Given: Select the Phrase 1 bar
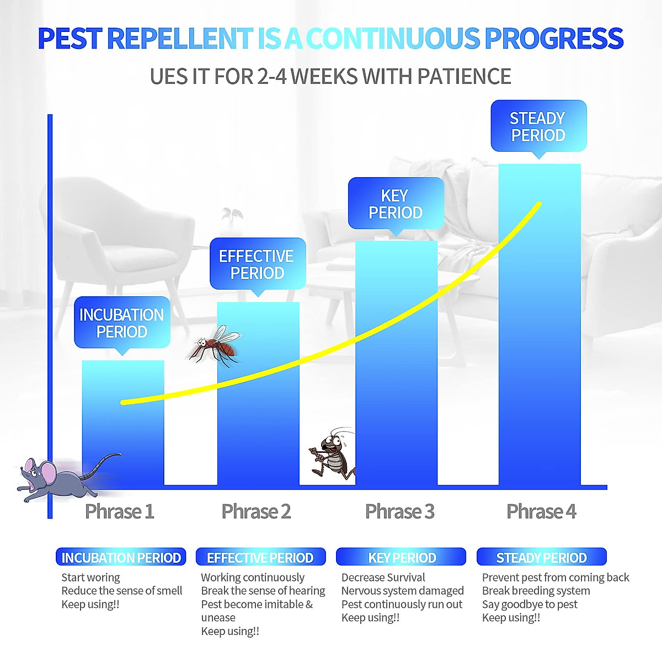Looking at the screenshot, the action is tap(123, 423).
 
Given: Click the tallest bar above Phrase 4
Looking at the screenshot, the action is tap(540, 324).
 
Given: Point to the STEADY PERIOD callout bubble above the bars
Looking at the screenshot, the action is tap(538, 126).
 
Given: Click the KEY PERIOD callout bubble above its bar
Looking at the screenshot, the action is tap(396, 204).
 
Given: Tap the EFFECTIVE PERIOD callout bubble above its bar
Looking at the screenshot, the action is tap(258, 264).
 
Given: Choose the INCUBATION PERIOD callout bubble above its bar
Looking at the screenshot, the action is tap(122, 323).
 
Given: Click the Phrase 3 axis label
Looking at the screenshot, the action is tap(399, 511).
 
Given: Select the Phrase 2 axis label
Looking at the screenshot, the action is tap(257, 511).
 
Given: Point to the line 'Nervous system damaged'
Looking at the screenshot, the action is tap(403, 591).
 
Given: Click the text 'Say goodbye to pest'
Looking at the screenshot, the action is tap(530, 605).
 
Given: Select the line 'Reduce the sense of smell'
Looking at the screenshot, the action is tap(122, 591).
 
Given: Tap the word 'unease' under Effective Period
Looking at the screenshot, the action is tap(218, 618).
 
